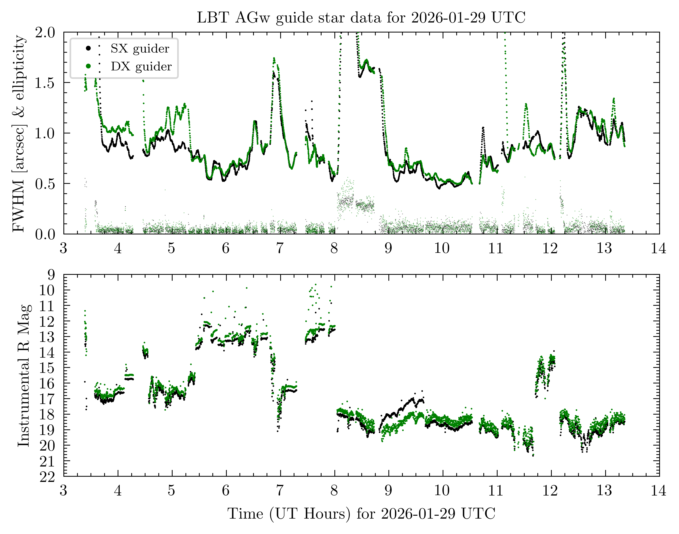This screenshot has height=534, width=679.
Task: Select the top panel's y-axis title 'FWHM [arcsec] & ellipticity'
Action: tap(19, 133)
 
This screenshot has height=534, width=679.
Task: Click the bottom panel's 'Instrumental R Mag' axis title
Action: tap(24, 375)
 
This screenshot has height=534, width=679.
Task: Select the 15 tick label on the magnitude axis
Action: tap(47, 368)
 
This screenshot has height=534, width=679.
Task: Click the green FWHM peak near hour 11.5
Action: tap(526, 104)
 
